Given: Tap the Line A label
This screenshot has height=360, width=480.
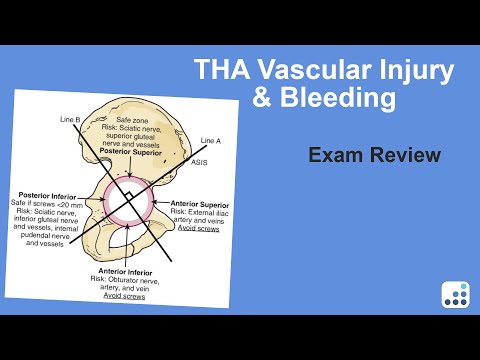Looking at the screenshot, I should point(212,139).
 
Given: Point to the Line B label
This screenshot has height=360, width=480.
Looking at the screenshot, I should point(70,119).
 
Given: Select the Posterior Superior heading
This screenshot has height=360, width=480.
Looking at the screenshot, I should point(140,151).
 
